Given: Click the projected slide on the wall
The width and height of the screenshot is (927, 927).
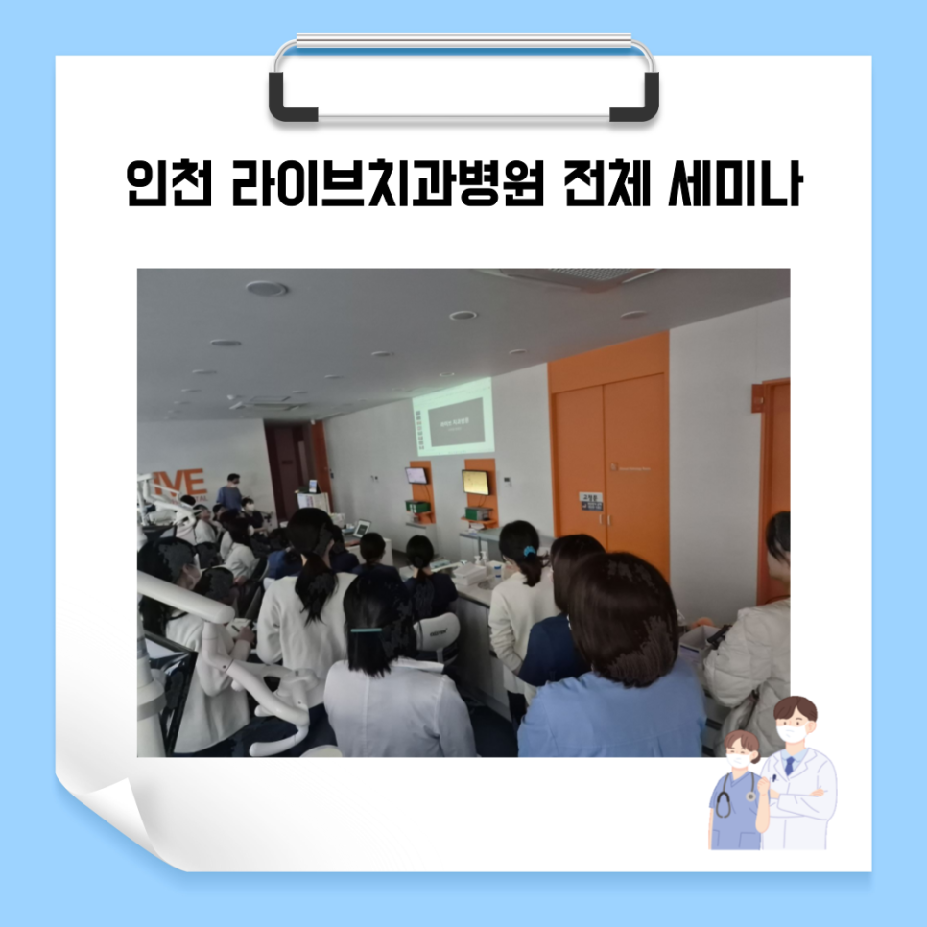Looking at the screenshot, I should tap(452, 415).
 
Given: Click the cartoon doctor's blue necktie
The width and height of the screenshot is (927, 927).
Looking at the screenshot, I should tap(789, 765).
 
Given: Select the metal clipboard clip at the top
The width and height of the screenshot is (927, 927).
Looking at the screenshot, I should tap(464, 81).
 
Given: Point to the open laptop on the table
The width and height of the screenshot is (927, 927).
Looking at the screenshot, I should tap(361, 528).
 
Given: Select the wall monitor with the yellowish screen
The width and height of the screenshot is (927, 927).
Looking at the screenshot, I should tap(475, 482).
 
